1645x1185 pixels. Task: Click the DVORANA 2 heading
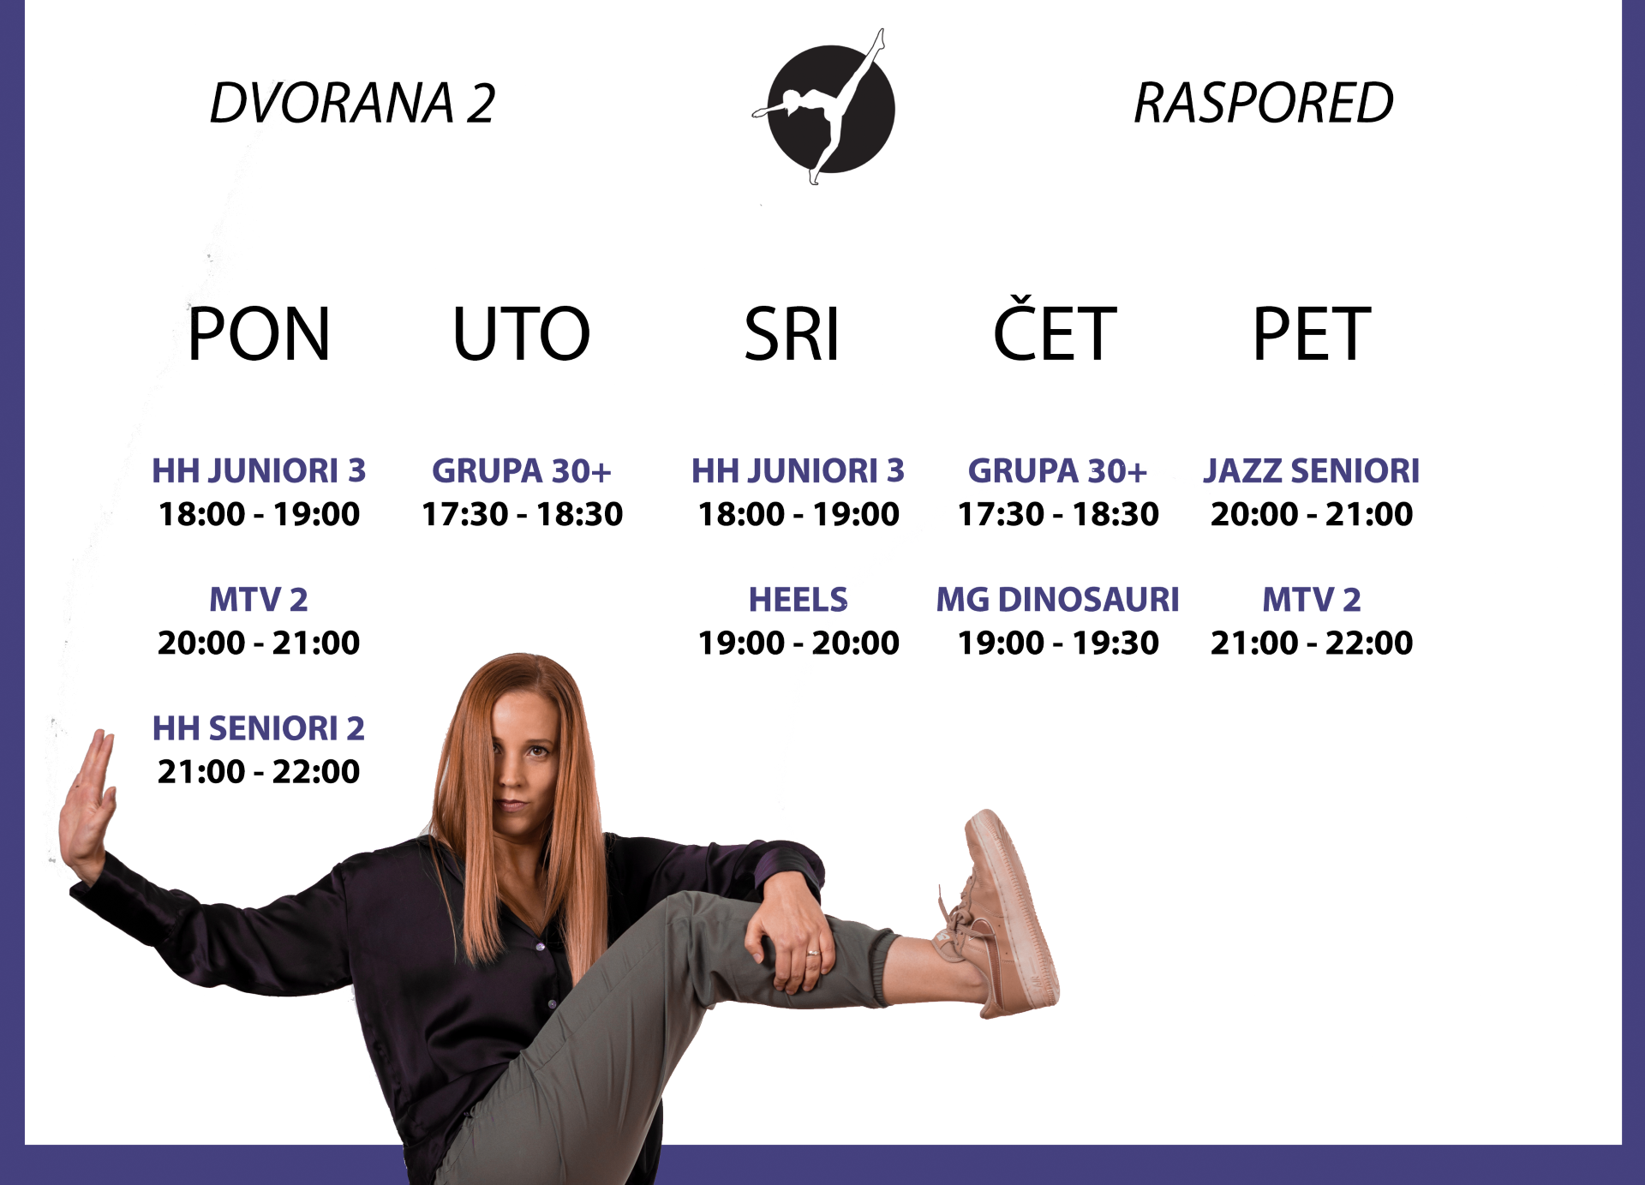(x=352, y=103)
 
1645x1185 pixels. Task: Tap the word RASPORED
(x=1263, y=103)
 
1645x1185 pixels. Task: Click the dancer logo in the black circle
(x=825, y=107)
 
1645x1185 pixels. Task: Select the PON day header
(x=259, y=333)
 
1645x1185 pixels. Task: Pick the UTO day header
(x=522, y=333)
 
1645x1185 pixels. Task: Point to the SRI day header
(x=792, y=333)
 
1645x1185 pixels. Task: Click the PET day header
(x=1312, y=333)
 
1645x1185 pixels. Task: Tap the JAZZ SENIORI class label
(x=1312, y=470)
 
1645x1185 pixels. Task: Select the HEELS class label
(x=799, y=599)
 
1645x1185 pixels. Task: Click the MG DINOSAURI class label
(x=1058, y=599)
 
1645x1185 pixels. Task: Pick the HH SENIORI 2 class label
(x=259, y=728)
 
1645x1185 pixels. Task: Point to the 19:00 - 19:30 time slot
(x=1058, y=643)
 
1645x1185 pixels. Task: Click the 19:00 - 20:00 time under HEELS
(x=799, y=643)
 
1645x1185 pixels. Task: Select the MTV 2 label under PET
(x=1312, y=599)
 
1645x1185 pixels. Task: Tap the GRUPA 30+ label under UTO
(x=522, y=470)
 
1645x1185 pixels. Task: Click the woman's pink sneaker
(x=1002, y=913)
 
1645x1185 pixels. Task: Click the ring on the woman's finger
(x=812, y=952)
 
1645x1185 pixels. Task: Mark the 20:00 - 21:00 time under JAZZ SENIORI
(x=1312, y=514)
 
